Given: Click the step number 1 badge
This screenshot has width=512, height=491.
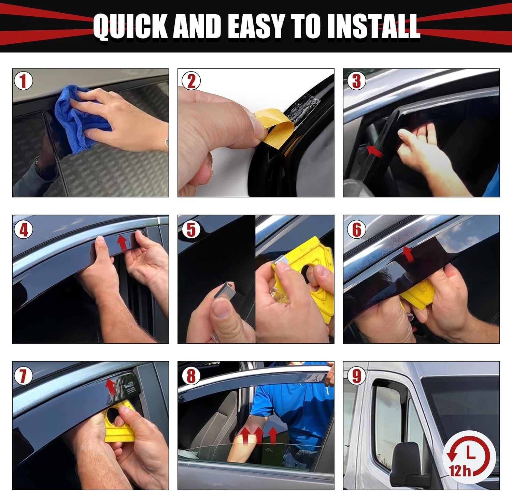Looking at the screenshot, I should [x=23, y=81].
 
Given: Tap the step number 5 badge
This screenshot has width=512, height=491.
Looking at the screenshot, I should [x=191, y=229].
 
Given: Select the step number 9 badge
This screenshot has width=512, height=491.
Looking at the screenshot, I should [x=356, y=376].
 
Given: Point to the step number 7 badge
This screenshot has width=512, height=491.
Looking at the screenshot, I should [x=23, y=376].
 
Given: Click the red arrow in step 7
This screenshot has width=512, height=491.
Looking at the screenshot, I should [x=110, y=387].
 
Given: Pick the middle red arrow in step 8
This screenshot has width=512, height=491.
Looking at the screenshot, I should [x=258, y=435].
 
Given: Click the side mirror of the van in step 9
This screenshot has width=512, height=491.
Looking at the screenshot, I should [x=406, y=464].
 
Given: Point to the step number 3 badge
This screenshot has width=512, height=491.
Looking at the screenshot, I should [x=356, y=81].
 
